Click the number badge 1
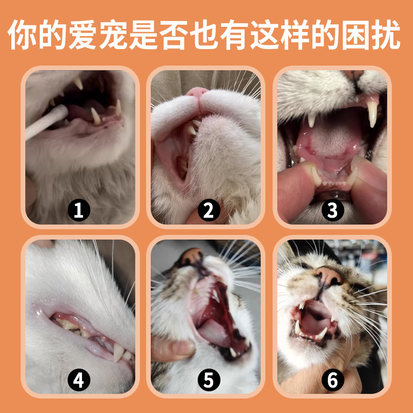click(79, 210)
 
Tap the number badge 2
click(209, 210)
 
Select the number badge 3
click(332, 210)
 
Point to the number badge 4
click(79, 379)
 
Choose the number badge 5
click(209, 379)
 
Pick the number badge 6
click(332, 379)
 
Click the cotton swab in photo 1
click(46, 121)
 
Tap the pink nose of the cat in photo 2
click(197, 92)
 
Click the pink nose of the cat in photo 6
click(328, 276)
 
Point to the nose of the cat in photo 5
click(192, 256)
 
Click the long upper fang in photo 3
click(373, 114)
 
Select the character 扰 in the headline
click(386, 35)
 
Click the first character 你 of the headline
click(22, 35)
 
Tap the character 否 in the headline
click(173, 35)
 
